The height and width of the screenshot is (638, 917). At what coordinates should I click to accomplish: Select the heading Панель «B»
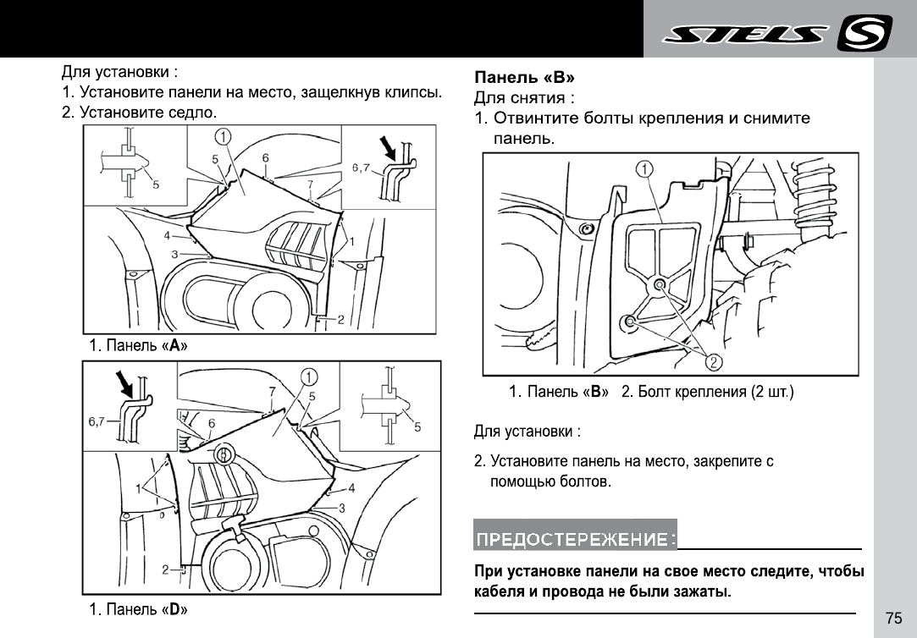point(524,78)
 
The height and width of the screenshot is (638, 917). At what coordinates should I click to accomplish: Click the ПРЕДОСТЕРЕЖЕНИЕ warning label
point(575,539)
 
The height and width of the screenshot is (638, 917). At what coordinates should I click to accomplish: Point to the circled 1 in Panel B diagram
point(644,169)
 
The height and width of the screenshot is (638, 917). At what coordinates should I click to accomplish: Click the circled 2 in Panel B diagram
point(714,363)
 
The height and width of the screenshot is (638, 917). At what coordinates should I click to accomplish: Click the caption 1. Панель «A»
point(139,346)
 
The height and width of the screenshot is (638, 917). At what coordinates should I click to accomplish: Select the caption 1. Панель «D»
point(139,609)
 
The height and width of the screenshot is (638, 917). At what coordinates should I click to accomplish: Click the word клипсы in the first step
point(413,91)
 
